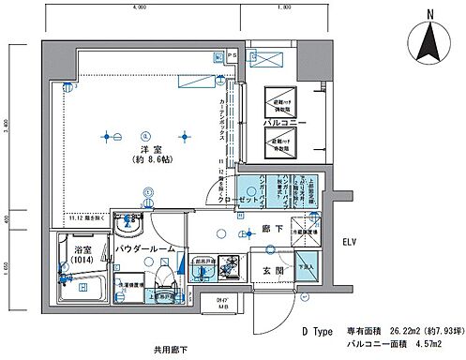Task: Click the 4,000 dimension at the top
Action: pos(140,7)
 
